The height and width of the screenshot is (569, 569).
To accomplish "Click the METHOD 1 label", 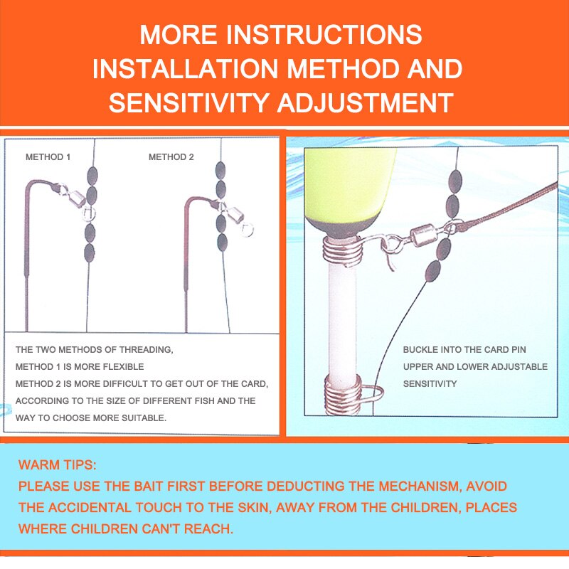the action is (x=48, y=157).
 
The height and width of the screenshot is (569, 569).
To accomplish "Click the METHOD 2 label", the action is (x=171, y=157).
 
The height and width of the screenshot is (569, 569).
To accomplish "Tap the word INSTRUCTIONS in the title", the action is (x=324, y=34).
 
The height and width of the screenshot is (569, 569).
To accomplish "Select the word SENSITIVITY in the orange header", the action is (x=189, y=102).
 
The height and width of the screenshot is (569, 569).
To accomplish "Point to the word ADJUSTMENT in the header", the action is (x=366, y=102).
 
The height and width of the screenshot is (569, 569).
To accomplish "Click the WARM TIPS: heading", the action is (x=58, y=465).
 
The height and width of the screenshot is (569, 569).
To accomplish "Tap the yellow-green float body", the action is (x=349, y=192).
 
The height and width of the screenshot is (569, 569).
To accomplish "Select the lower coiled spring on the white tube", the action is (x=344, y=395).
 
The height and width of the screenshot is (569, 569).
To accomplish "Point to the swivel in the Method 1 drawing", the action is (x=75, y=197).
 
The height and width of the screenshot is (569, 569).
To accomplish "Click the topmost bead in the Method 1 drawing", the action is (x=92, y=176).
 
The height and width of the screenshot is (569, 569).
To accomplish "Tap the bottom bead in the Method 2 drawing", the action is (x=222, y=243).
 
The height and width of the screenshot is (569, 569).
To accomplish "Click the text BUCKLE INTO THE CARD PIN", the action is (x=464, y=350).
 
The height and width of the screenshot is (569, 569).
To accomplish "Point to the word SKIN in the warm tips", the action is (x=255, y=508).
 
